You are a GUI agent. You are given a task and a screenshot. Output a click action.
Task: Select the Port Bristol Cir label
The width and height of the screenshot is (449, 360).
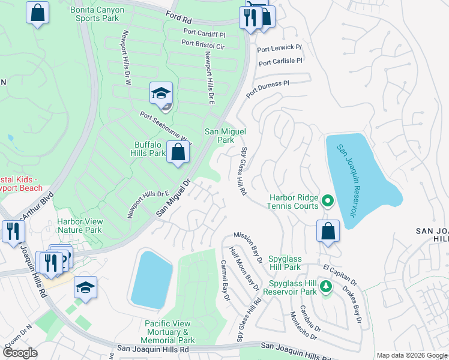pos(203,44)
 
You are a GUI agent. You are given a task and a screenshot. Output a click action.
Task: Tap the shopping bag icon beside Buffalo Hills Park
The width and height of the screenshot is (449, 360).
pos(178,152)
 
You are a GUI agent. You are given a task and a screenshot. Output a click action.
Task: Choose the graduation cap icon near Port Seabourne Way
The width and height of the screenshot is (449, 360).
pos(161,94)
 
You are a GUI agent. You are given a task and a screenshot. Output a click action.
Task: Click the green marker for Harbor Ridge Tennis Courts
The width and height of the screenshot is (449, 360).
pos(327,201)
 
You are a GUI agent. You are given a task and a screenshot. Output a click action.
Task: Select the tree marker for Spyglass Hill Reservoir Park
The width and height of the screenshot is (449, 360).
pos(326,286)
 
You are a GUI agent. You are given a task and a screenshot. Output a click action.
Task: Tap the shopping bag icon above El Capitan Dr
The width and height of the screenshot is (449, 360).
pos(328,232)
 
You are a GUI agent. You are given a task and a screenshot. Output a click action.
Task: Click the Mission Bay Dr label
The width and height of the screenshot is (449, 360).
pos(249,247)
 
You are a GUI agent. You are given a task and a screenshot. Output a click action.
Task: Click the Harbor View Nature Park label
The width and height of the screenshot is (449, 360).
pos(79,226)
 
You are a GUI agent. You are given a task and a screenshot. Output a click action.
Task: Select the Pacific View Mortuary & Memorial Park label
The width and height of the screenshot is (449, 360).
pos(168,332)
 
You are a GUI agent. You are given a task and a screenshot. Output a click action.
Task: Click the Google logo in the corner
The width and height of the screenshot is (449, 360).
pos(20,353)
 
